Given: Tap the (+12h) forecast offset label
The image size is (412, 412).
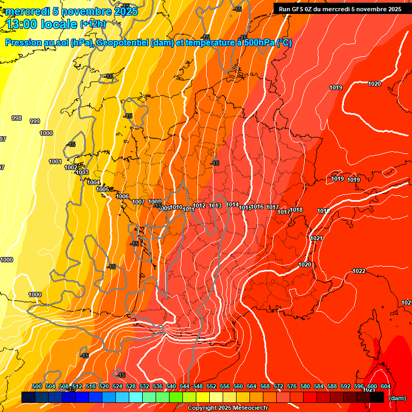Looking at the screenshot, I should pyautogui.click(x=93, y=24).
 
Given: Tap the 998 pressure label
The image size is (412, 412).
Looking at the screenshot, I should pyautogui.click(x=17, y=118).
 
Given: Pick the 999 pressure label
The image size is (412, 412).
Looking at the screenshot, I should pyautogui.click(x=35, y=121).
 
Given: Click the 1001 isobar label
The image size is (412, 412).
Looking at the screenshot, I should pyautogui.click(x=55, y=161).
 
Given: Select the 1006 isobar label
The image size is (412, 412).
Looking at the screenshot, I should pyautogui.click(x=122, y=196).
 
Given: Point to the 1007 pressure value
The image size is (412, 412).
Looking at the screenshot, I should pyautogui.click(x=138, y=202).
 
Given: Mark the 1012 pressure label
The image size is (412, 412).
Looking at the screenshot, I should pyautogui.click(x=200, y=205).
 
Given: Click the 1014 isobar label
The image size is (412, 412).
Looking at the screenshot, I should pyautogui.click(x=232, y=204).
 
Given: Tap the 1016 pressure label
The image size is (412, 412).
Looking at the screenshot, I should pyautogui.click(x=257, y=207).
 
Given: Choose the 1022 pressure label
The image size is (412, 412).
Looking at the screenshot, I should pyautogui.click(x=359, y=271).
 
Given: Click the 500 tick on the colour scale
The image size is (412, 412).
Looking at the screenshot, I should pyautogui.click(x=37, y=386).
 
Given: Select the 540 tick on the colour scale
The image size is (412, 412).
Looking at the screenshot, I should pyautogui.click(x=171, y=386).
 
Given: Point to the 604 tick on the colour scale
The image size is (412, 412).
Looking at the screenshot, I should pyautogui.click(x=385, y=386).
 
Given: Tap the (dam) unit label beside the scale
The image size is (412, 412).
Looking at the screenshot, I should pyautogui.click(x=398, y=398).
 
